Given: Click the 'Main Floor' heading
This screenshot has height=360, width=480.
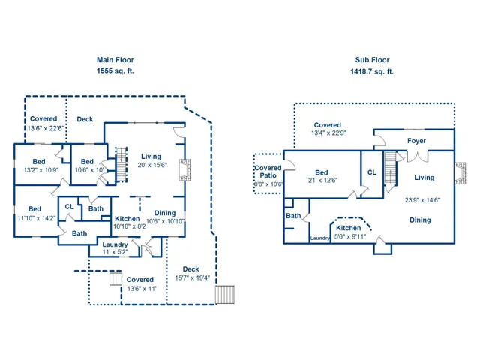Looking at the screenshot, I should [114, 60].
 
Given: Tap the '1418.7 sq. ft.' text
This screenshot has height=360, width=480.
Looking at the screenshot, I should [373, 71].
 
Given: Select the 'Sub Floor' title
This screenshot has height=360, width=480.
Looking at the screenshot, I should [373, 60].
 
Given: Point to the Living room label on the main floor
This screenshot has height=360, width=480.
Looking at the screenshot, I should [151, 156].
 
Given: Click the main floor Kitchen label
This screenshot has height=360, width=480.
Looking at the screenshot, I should [127, 218].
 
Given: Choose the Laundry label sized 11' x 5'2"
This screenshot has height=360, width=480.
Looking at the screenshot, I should [115, 244].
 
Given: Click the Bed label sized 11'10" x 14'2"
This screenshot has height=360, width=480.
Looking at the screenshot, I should [34, 209].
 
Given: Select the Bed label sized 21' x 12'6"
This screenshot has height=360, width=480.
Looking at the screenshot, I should [322, 172].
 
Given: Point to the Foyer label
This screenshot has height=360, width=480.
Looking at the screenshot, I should [416, 141].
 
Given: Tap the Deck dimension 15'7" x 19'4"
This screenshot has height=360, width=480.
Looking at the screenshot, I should [190, 277].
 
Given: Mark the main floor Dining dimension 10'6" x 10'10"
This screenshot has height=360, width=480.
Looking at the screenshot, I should [164, 221].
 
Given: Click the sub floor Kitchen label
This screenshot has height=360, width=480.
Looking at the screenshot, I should [348, 228].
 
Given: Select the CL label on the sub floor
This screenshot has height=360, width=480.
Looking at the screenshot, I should [372, 172].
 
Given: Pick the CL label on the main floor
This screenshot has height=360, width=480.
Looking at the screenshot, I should [70, 207].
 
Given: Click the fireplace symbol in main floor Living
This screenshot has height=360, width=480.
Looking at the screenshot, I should [183, 170].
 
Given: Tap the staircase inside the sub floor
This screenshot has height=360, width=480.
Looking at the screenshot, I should [389, 166].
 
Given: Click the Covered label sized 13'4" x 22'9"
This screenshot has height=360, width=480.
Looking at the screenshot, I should [328, 125].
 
